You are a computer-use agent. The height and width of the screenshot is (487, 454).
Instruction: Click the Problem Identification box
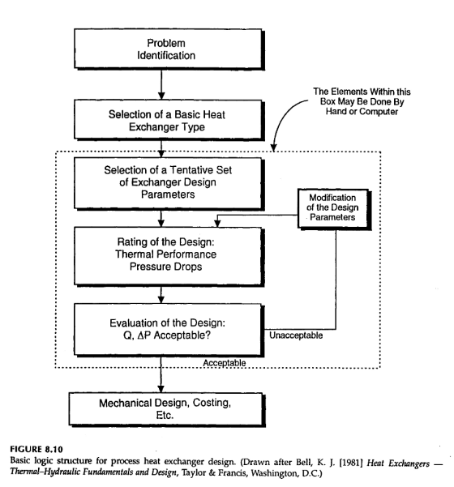point(169,49)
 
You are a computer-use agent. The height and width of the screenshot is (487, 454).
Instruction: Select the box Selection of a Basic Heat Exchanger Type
point(169,120)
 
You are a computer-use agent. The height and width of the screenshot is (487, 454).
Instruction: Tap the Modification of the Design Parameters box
point(334,209)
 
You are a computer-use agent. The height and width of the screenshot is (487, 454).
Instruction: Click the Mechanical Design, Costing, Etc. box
point(167,410)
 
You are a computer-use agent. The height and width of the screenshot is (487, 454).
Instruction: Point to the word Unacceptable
point(296,335)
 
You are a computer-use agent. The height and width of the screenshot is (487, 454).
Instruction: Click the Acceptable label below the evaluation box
point(225,363)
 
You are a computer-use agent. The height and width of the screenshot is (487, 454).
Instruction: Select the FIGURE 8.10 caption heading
point(36,450)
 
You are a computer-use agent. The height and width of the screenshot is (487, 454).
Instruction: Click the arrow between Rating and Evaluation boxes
point(161,295)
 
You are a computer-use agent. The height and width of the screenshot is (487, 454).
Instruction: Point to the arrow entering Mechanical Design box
point(161,375)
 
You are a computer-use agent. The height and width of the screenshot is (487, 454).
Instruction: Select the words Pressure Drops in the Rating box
point(165,267)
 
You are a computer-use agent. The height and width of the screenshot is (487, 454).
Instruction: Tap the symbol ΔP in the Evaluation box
point(144,335)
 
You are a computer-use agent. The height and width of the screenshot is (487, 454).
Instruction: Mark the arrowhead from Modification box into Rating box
point(217,224)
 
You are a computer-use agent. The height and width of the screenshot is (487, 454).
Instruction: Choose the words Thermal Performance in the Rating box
point(165,254)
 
